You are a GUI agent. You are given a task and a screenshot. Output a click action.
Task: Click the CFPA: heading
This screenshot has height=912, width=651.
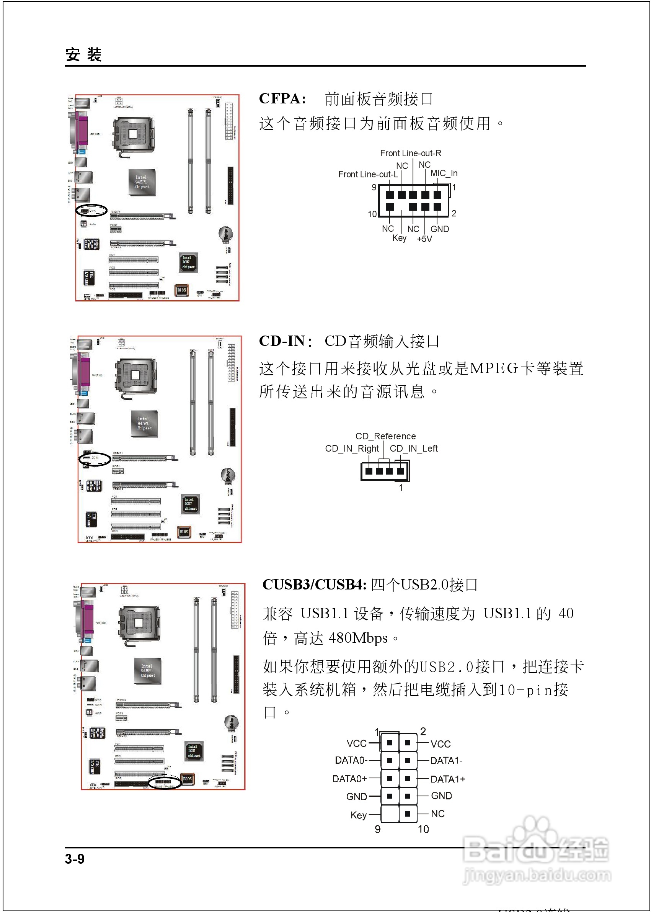[x=282, y=99]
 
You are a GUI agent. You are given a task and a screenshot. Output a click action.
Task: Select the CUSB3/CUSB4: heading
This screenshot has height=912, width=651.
[x=314, y=585]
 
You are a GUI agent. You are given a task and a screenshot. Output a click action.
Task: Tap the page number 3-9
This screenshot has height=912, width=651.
[x=75, y=859]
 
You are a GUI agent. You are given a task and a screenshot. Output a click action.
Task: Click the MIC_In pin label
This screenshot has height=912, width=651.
[x=444, y=174]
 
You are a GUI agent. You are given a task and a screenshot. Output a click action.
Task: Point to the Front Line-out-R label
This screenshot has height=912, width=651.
[x=411, y=153]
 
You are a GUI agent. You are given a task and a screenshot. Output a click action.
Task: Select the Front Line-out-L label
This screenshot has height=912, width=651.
[x=367, y=174]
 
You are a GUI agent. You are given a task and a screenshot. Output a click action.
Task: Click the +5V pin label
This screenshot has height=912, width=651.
[x=424, y=239]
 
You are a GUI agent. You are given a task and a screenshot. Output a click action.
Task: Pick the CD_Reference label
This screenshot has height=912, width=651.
[x=386, y=436]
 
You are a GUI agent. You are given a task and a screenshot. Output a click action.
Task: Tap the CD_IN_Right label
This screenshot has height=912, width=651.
[x=352, y=449]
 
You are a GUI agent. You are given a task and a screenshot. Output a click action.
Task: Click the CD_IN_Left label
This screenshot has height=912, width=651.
[x=414, y=449]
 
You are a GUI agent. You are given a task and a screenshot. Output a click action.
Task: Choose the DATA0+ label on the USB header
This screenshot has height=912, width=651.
[x=349, y=779]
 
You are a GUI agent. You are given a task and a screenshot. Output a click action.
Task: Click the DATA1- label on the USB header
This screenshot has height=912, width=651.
[x=446, y=760]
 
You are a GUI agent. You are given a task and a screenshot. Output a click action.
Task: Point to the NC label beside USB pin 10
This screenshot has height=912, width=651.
[x=438, y=814]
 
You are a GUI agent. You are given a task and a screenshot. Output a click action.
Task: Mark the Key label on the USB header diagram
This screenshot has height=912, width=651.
[x=358, y=815]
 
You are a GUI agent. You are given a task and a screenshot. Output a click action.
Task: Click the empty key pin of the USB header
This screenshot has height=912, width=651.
[x=389, y=814]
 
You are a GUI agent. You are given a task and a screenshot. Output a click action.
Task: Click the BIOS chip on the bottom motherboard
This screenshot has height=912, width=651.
[x=187, y=779]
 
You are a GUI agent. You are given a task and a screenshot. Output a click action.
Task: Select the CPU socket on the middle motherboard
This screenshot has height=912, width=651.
[x=136, y=376]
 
